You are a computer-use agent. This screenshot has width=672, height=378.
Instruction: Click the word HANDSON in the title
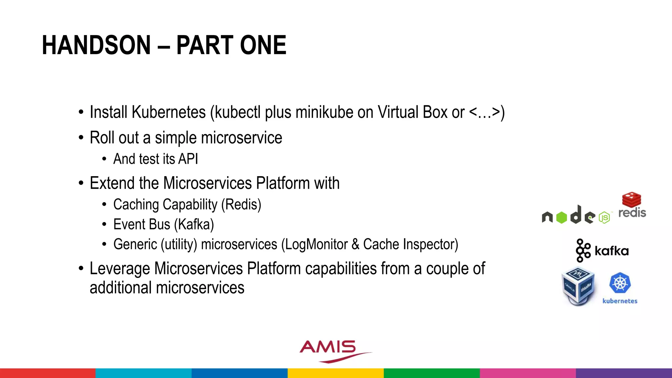click(x=96, y=45)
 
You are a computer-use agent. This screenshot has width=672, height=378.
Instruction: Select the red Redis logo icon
click(x=631, y=199)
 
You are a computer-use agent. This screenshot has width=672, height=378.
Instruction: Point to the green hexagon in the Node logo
click(x=561, y=218)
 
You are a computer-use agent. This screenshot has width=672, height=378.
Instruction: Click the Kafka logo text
click(x=611, y=251)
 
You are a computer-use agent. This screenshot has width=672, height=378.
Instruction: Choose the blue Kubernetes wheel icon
click(x=620, y=283)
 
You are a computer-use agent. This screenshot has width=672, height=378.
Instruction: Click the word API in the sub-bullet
click(x=188, y=159)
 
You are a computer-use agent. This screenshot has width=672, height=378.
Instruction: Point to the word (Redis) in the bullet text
click(x=241, y=205)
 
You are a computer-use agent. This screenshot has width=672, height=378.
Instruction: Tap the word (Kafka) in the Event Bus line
click(x=194, y=225)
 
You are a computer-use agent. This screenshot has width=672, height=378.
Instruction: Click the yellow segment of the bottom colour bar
click(x=336, y=373)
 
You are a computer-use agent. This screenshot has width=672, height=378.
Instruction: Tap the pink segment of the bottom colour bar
click(x=528, y=373)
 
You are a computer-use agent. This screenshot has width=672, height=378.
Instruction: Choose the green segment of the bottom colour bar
click(x=431, y=373)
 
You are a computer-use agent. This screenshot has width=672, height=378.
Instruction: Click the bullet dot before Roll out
click(x=81, y=138)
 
